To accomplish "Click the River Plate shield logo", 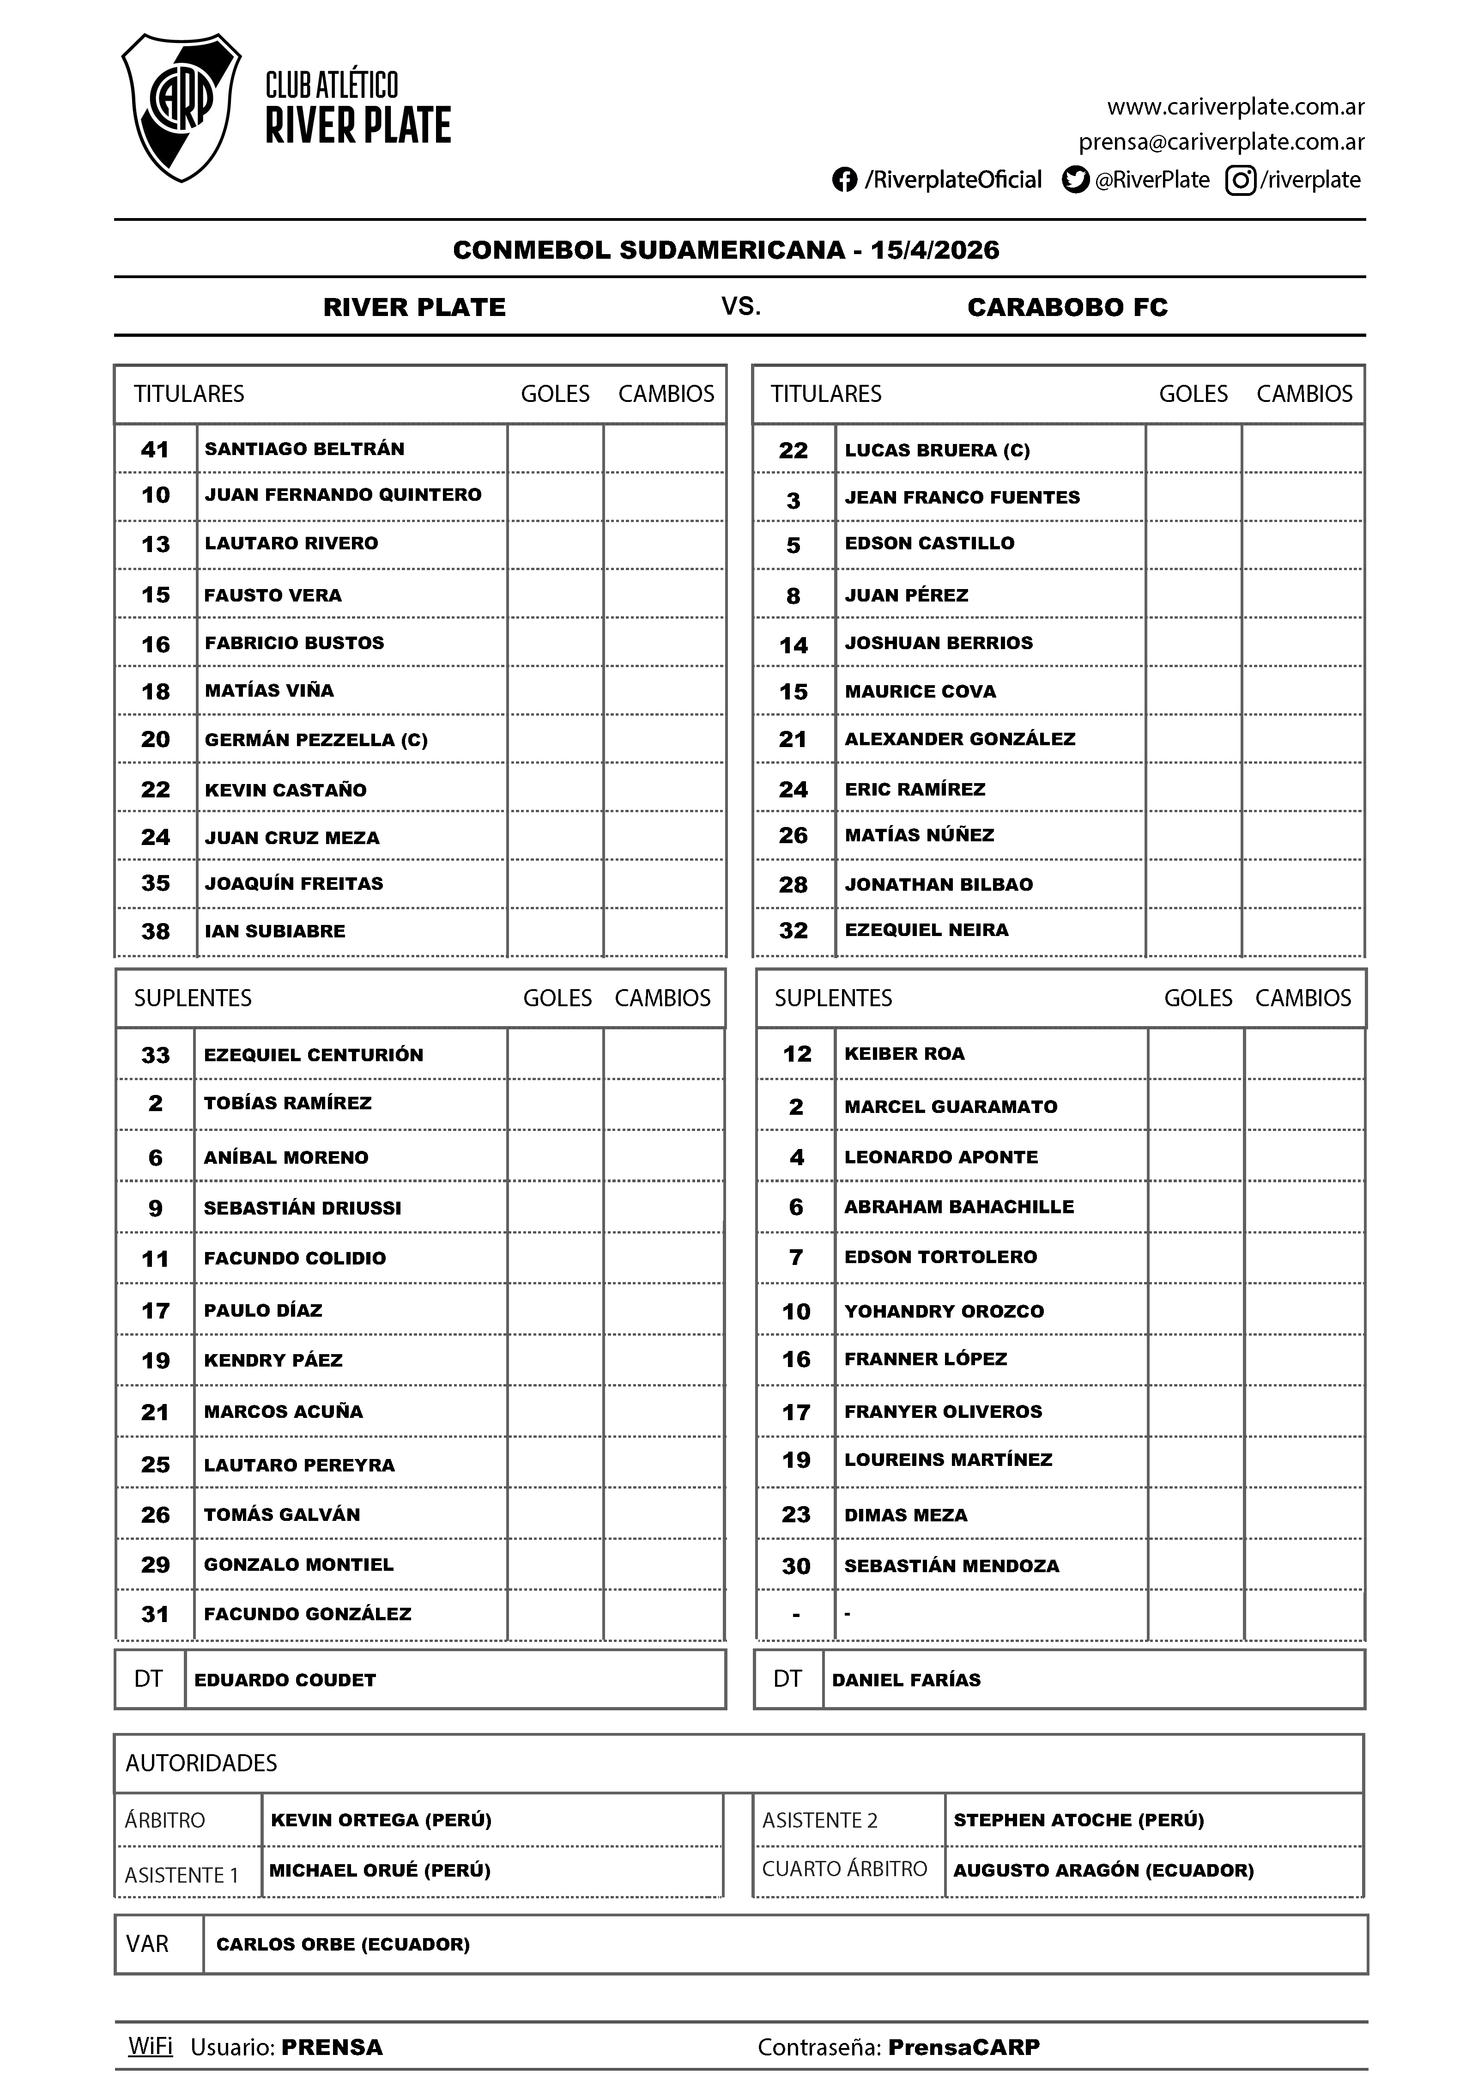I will coord(181,108).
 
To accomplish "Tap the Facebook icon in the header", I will coord(844,180).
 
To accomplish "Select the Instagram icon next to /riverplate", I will coord(1240,180).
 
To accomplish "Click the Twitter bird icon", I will coord(1076,180).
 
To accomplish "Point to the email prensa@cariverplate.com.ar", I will coord(1221,142).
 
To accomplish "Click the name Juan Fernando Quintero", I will coord(342,494).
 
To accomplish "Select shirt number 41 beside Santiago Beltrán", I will coord(155,449).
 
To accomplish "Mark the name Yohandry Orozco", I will coord(944,1312).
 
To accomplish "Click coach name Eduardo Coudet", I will coord(285,1680).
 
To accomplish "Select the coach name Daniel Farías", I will coord(906,1680).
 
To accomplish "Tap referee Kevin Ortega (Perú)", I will coord(381,1821).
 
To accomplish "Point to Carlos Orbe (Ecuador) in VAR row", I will coord(342,1945).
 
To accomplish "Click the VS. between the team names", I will coord(740,307).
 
